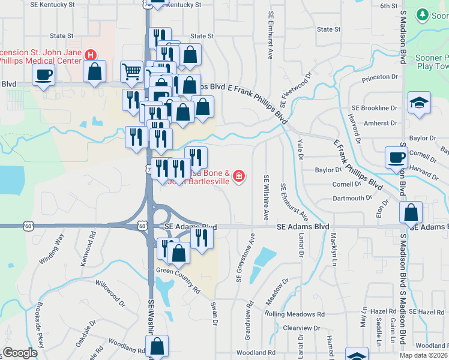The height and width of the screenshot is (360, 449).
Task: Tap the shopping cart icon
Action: [131, 71]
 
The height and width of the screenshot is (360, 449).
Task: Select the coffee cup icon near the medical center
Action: [43, 76]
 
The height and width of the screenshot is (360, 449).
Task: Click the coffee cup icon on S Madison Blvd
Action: [396, 157]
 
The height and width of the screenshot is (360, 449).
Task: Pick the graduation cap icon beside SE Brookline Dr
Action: [419, 102]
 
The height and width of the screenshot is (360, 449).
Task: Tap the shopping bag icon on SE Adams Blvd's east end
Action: [411, 212]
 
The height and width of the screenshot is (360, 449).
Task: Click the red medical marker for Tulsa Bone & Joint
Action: [239, 176]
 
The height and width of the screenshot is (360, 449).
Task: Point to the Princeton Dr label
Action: [380, 77]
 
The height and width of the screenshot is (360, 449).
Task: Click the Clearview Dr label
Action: [301, 328]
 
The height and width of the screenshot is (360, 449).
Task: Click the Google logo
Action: [20, 353]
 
